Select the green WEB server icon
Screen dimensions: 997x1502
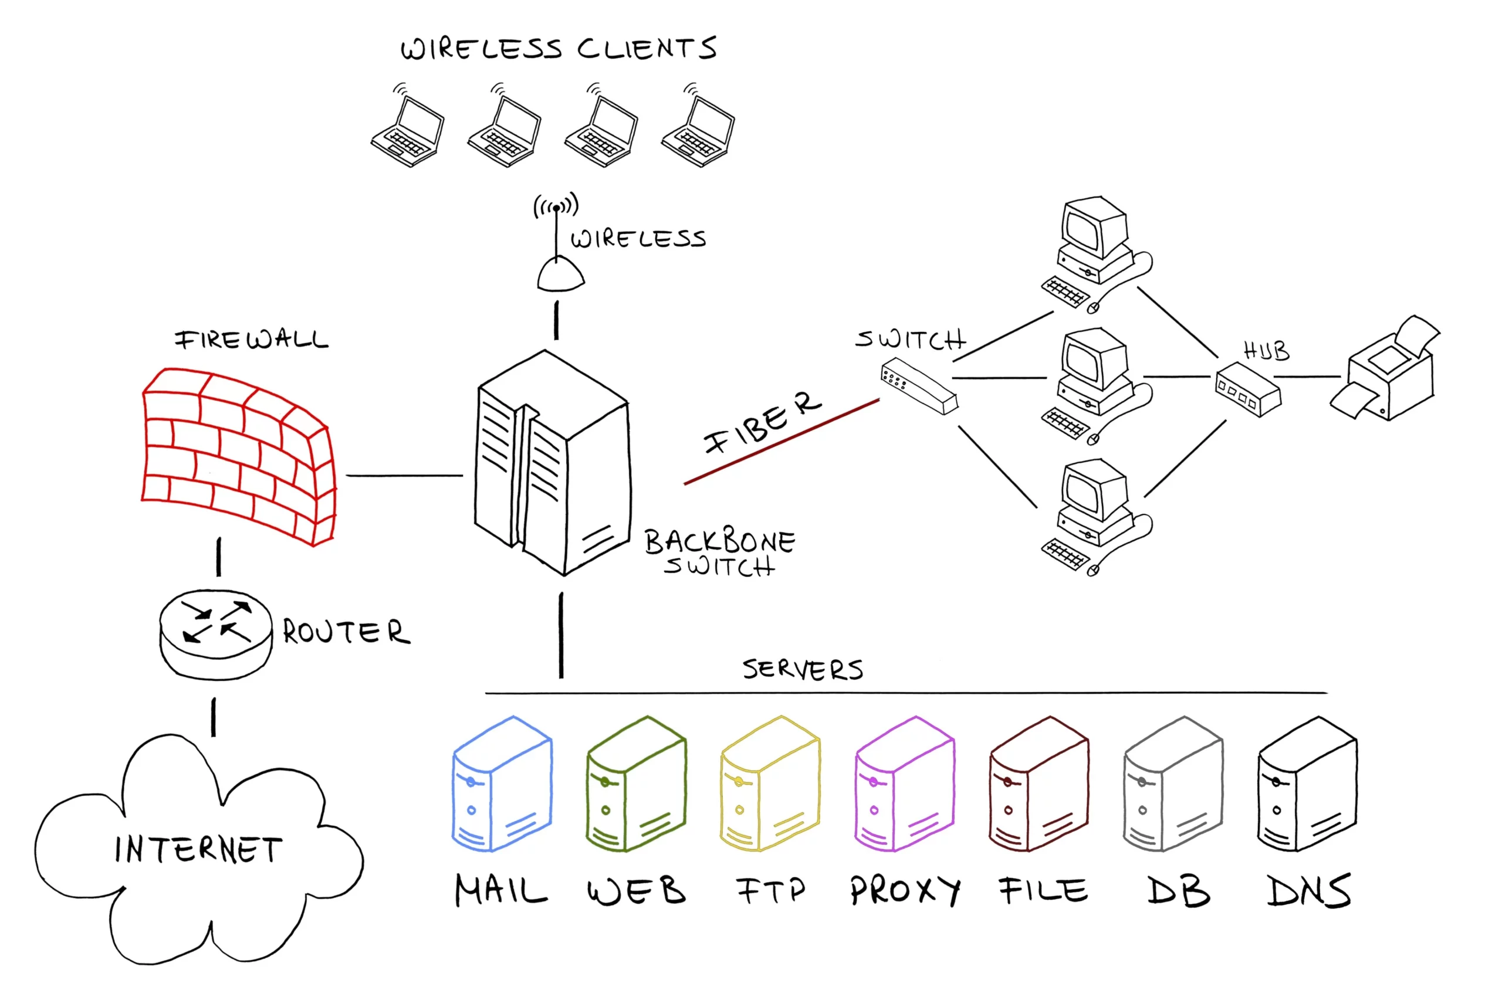click(x=635, y=785)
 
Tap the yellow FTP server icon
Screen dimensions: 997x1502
click(x=770, y=785)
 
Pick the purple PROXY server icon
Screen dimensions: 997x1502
click(x=904, y=785)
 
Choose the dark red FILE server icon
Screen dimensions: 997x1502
click(x=1038, y=785)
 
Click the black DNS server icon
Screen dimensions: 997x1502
click(x=1307, y=785)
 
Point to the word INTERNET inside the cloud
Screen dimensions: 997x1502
click(x=198, y=850)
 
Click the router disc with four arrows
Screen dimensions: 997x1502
click(x=216, y=633)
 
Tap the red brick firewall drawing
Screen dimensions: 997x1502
click(x=239, y=455)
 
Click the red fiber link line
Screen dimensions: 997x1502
click(x=782, y=442)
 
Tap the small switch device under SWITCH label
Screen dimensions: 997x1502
click(x=919, y=386)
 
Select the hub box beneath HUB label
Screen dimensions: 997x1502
click(x=1247, y=390)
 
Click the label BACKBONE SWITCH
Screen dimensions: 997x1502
click(x=719, y=552)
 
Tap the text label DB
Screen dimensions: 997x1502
click(x=1178, y=891)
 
